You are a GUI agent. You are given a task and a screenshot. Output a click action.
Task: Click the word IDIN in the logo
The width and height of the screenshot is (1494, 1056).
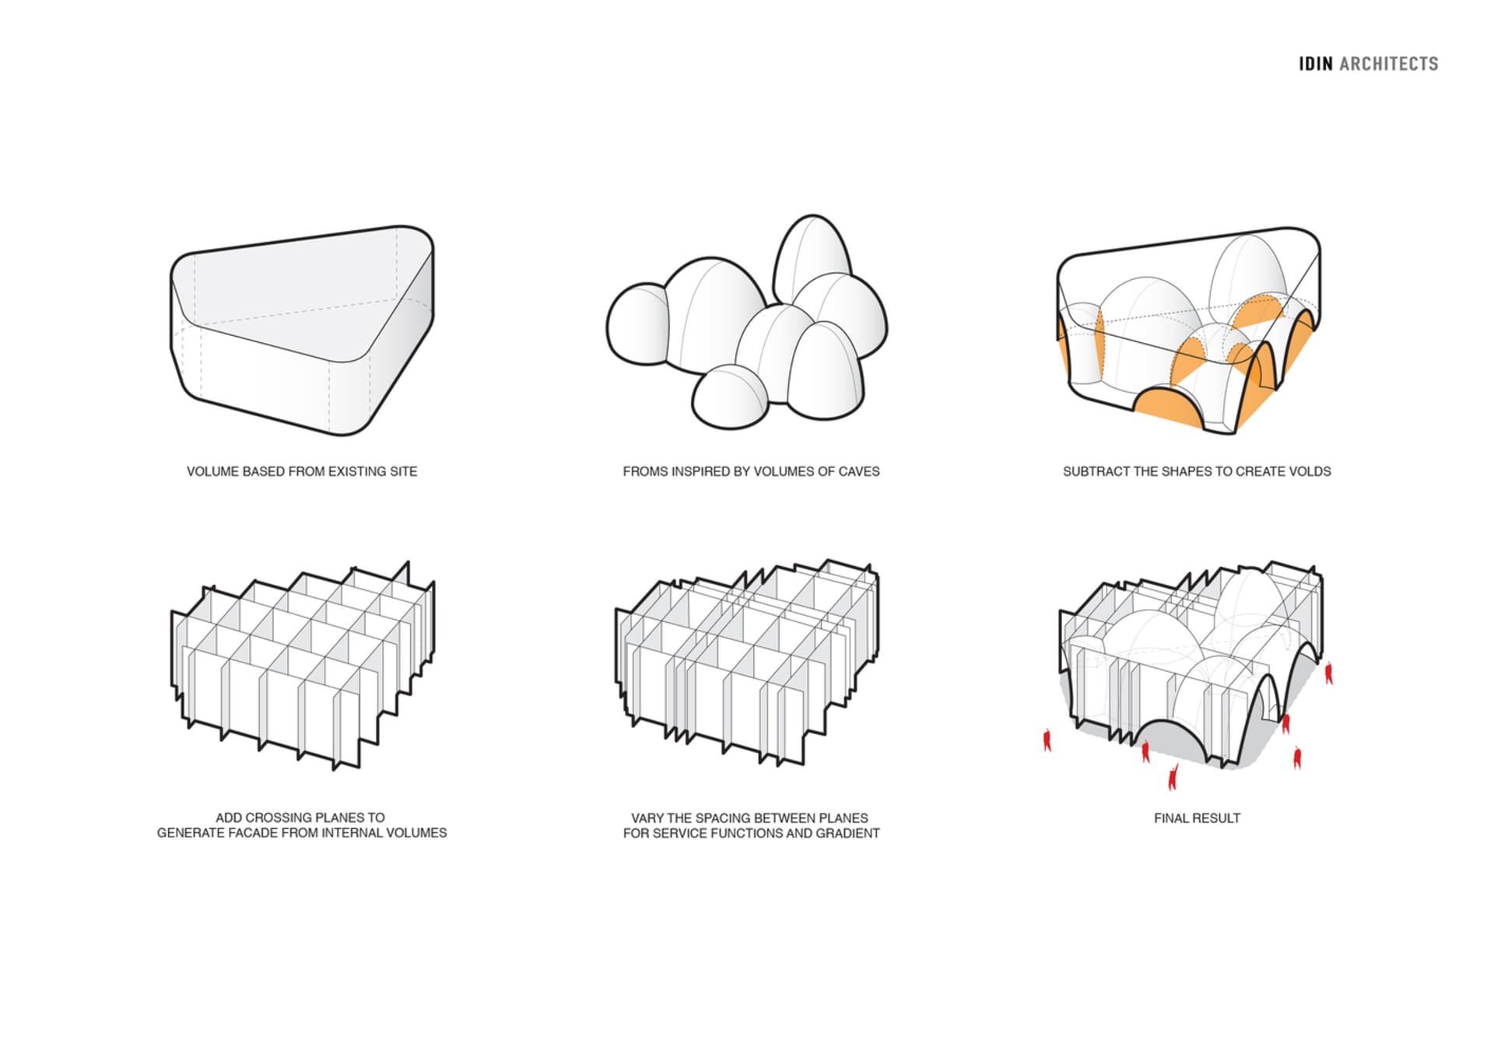coord(1315,64)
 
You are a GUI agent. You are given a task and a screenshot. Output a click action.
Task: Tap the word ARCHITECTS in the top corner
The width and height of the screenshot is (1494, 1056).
coord(1389,64)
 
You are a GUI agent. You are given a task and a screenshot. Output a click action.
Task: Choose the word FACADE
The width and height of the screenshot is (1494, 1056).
coord(254,833)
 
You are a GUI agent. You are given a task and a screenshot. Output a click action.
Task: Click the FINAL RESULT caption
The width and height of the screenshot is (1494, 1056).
coord(1197,818)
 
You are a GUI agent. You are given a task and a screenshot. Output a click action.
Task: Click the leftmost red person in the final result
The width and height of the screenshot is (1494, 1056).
coord(1047,740)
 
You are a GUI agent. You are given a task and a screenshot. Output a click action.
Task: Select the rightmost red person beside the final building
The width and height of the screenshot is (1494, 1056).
coord(1329,672)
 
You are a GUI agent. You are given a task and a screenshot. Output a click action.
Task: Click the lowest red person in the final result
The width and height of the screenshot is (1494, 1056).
coord(1173,775)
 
